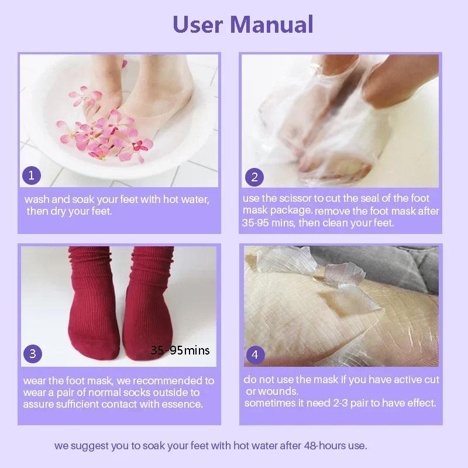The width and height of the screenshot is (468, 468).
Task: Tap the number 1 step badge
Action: (x=32, y=174)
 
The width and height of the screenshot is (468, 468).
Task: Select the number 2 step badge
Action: (x=254, y=177)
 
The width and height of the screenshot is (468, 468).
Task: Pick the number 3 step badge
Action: (x=33, y=353)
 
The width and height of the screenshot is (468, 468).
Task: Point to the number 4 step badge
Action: (x=254, y=354)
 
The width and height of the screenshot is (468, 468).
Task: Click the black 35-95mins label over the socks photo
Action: (x=180, y=350)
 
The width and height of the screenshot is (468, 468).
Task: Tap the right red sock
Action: (x=149, y=304)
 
